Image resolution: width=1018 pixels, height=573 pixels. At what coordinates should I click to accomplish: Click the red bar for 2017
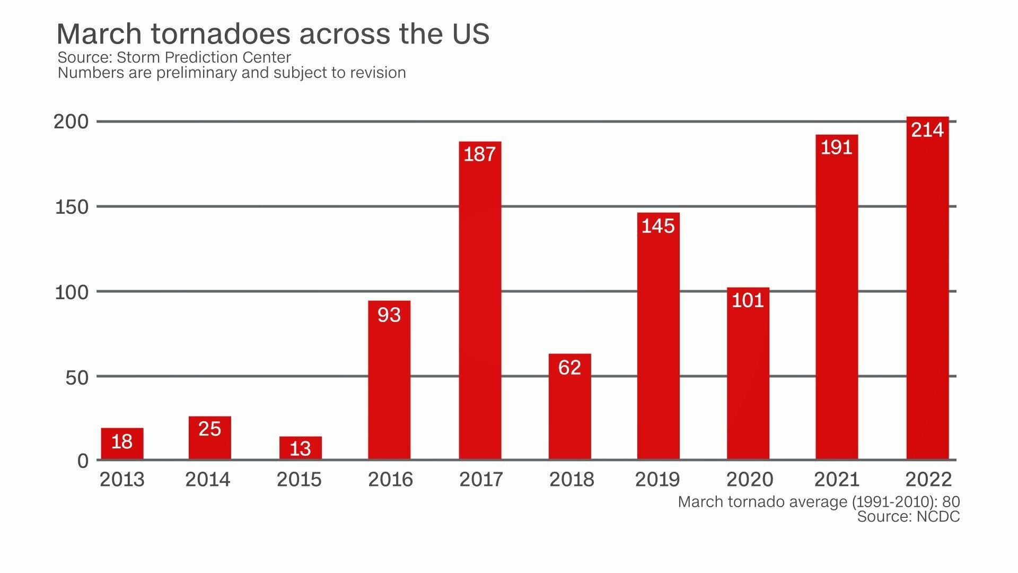click(480, 308)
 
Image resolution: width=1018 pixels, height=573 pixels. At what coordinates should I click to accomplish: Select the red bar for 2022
click(927, 297)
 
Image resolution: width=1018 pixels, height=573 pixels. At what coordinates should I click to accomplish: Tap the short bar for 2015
click(300, 448)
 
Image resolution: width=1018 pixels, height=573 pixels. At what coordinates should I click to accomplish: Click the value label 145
click(658, 226)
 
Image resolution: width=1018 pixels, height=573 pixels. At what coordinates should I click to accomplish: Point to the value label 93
click(389, 315)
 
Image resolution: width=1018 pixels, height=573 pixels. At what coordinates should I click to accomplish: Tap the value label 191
click(837, 147)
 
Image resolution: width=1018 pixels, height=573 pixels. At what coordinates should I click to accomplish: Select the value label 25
click(209, 429)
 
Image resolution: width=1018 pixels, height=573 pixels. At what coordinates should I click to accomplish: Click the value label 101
click(748, 300)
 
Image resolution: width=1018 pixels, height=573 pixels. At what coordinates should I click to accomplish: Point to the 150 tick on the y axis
click(72, 207)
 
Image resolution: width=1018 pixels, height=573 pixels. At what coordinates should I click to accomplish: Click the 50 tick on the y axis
click(77, 378)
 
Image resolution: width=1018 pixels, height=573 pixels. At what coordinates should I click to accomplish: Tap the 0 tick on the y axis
click(83, 461)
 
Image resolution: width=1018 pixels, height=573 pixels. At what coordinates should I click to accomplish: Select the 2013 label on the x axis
click(122, 480)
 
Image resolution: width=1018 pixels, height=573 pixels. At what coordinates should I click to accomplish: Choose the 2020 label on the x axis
click(749, 480)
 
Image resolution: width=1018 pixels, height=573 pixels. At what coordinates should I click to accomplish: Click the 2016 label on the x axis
click(390, 480)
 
